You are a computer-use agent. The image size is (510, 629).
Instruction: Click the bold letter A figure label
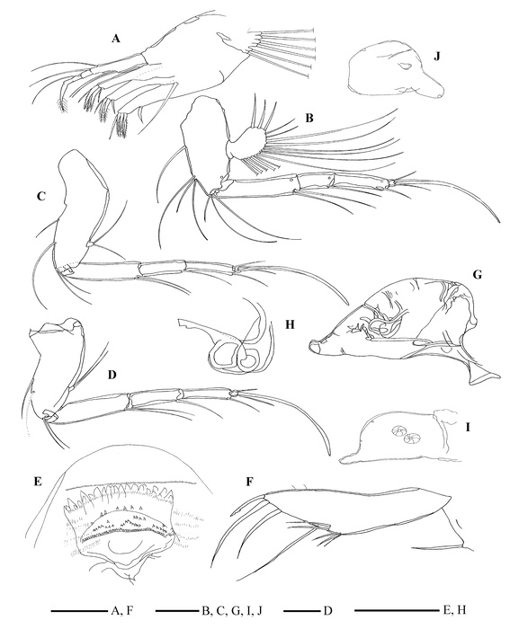coord(116,39)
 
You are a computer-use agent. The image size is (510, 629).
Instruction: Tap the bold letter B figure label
coord(309,119)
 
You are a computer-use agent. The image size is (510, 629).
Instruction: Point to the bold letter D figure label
coord(112,375)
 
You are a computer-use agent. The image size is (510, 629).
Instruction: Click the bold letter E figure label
coord(38,481)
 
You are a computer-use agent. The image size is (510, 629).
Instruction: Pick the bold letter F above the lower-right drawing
coord(249,481)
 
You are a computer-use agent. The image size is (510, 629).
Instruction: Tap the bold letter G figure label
coord(478,275)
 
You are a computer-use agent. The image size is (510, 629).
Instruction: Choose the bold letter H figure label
coord(290,324)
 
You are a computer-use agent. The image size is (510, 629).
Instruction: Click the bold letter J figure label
coord(437,56)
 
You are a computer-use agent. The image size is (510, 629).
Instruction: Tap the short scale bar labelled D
coord(302,611)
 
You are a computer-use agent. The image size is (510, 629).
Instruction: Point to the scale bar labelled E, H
coord(397,611)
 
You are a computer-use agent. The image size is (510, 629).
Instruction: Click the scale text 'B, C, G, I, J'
coord(232,611)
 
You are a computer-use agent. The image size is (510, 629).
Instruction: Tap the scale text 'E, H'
coord(453,611)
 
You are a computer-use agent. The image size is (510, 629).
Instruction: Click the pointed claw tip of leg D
coord(329,455)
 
